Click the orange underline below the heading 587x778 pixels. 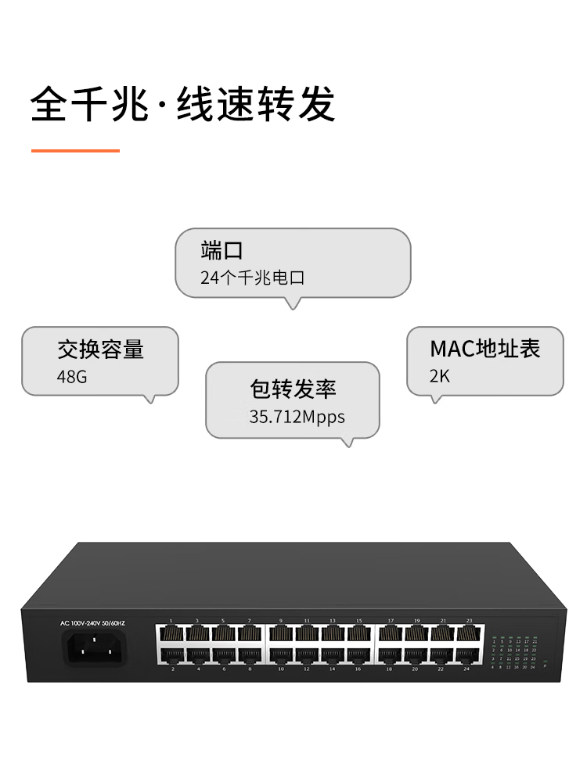(x=75, y=150)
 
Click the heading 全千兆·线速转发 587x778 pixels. (x=183, y=104)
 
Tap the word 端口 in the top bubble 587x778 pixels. (x=221, y=250)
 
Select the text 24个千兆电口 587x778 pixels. (x=252, y=278)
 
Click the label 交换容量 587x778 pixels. (x=100, y=349)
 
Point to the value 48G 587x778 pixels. (x=72, y=377)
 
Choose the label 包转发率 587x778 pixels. (x=293, y=389)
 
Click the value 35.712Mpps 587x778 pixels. (x=297, y=417)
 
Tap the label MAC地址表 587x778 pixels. (x=485, y=349)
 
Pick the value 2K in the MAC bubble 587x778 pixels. (x=440, y=376)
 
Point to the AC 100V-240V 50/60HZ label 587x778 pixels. (x=92, y=623)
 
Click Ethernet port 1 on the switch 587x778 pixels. (x=171, y=633)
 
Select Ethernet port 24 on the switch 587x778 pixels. (x=467, y=655)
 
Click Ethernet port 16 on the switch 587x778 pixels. (x=358, y=655)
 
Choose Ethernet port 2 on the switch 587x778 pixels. (x=171, y=655)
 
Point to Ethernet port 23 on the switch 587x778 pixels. (x=467, y=633)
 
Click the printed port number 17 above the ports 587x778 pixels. (x=391, y=620)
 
